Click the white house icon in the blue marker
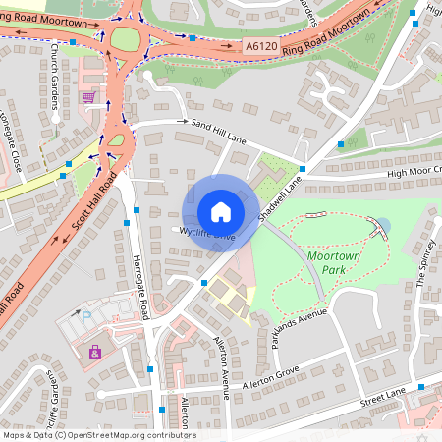(221, 212)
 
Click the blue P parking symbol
(84, 318)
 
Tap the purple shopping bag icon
(94, 351)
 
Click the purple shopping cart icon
(89, 97)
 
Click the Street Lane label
(382, 398)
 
